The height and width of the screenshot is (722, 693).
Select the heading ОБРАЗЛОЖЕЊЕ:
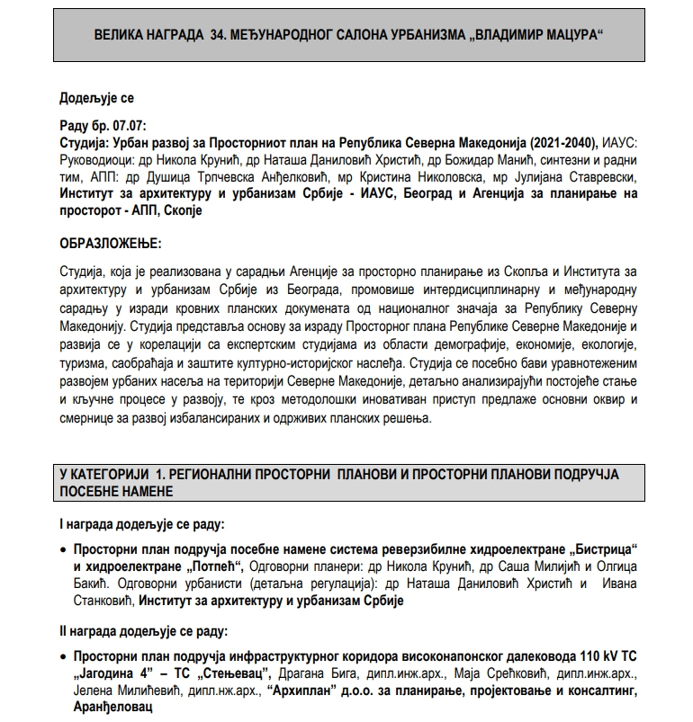point(111,244)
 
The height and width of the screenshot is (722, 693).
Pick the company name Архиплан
point(304,691)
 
